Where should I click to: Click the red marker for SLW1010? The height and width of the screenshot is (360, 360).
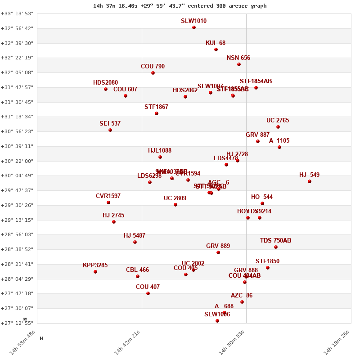coord(194,27)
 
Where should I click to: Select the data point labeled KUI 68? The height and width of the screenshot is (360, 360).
coord(216,49)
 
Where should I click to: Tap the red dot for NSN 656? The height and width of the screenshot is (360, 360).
coord(239,64)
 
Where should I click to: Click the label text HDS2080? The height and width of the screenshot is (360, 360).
coord(105,83)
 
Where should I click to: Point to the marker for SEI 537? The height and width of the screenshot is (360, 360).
coord(110,130)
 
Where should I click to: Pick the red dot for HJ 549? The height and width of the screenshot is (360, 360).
coord(310,181)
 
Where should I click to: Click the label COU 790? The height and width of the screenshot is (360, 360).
coord(153,67)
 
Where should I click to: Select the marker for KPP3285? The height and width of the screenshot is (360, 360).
coord(95,272)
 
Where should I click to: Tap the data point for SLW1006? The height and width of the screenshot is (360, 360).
coord(217,321)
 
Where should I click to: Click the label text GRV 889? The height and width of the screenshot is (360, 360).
coord(218,246)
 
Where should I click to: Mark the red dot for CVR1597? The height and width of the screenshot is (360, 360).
coord(108,202)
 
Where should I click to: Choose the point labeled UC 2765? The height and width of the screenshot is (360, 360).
coord(278,127)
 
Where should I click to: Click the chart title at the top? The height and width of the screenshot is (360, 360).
coord(180,6)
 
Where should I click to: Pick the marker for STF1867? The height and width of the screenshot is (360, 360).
coord(157,113)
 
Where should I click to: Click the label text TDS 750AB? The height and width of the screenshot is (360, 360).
coord(275,241)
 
